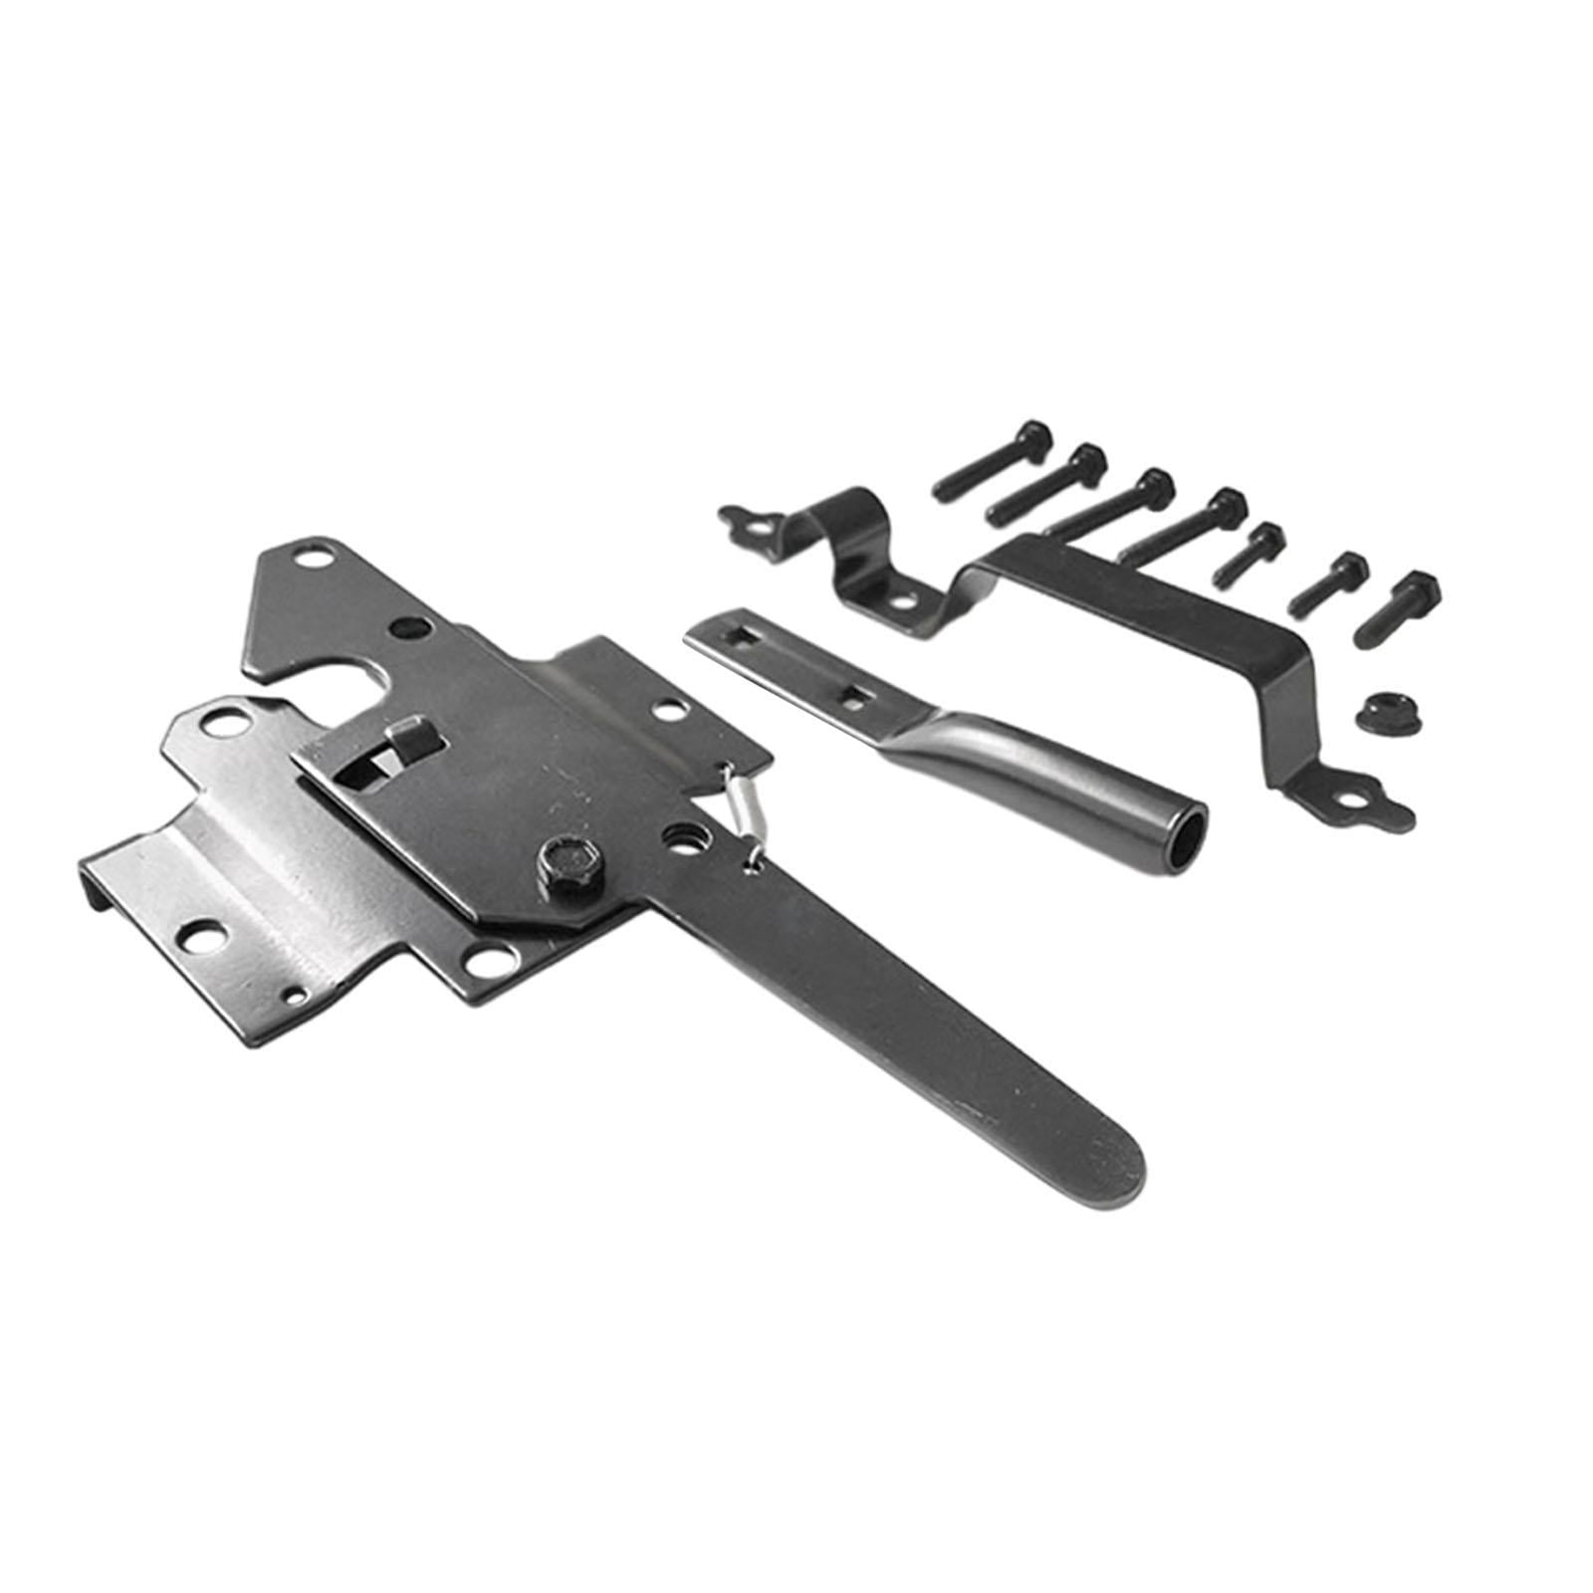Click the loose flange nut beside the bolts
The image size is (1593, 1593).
[x=1377, y=710]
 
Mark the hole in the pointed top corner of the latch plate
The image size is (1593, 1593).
[x=318, y=562]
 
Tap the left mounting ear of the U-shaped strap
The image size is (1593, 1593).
[x=746, y=518]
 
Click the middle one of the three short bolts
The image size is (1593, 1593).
[x=1329, y=579]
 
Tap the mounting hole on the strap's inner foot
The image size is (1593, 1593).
[x=903, y=601]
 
